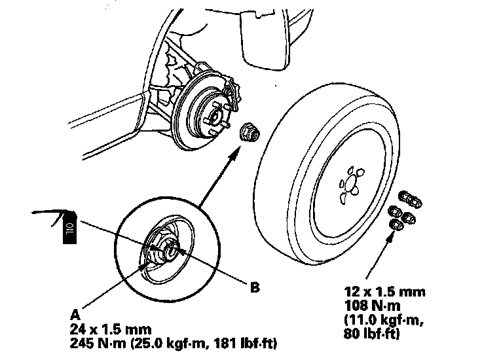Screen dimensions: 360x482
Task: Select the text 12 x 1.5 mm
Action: [384, 291]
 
